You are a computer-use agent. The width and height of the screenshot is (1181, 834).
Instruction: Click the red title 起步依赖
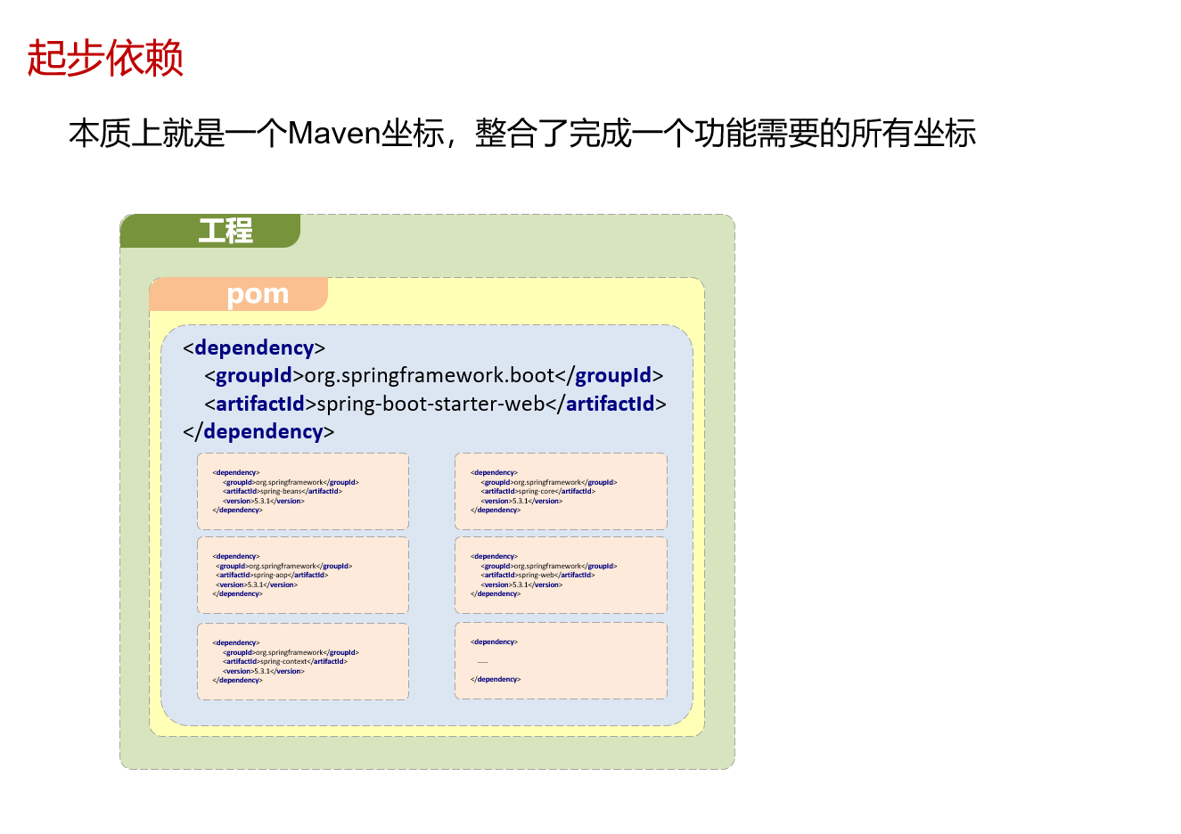tap(105, 59)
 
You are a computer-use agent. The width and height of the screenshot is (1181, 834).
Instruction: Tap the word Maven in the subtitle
tap(335, 134)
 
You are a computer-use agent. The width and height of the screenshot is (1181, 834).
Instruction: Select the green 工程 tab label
tap(226, 231)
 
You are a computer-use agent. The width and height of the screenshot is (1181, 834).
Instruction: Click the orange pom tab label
tap(258, 294)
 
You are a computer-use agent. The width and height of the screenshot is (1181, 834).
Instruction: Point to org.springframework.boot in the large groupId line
tap(430, 376)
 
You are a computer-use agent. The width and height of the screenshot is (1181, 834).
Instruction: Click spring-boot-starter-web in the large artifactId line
tap(431, 404)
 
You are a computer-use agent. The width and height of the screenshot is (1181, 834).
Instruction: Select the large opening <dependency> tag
tap(254, 347)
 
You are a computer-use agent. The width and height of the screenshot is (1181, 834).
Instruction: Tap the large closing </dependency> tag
tap(258, 431)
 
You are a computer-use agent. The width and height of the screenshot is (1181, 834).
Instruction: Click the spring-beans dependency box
tap(303, 491)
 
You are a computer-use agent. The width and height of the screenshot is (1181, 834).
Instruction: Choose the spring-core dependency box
tap(561, 491)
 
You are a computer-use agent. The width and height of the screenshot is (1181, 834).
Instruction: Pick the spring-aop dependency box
tap(303, 575)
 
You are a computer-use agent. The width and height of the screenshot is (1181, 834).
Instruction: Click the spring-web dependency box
tap(561, 575)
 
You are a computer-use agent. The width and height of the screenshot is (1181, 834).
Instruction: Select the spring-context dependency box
tap(303, 661)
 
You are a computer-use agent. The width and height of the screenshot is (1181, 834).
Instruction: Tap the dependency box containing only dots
tap(561, 660)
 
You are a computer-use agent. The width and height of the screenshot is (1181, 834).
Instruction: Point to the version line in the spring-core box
tap(522, 501)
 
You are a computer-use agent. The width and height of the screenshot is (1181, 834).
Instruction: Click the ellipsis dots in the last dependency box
tap(483, 661)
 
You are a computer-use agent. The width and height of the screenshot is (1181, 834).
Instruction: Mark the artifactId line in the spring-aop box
tap(272, 576)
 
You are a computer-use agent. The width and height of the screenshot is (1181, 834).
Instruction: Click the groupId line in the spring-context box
tap(291, 652)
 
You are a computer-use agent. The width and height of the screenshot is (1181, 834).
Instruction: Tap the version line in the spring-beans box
tap(264, 501)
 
